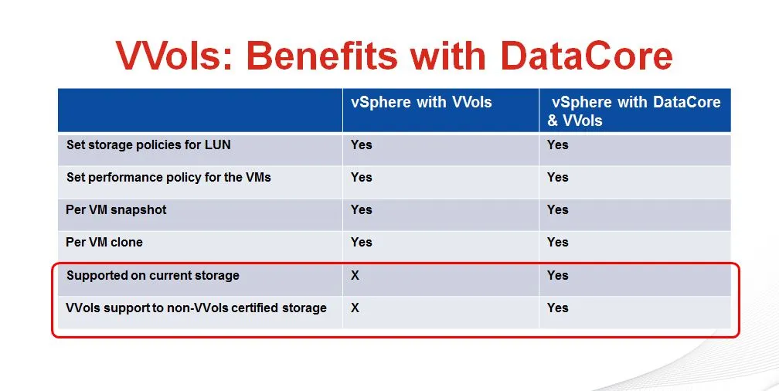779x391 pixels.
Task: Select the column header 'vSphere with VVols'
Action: [x=421, y=102]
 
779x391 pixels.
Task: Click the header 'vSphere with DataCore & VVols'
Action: [x=634, y=110]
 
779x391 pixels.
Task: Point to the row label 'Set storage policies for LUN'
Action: [x=148, y=145]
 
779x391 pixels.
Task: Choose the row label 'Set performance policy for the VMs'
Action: [x=168, y=178]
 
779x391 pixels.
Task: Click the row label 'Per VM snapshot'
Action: [x=116, y=209]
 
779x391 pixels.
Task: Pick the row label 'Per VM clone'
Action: [x=104, y=242]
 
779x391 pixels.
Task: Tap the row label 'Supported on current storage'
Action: [x=153, y=275]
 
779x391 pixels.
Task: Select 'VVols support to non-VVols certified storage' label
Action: [x=196, y=308]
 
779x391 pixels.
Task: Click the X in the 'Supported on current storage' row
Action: [x=355, y=275]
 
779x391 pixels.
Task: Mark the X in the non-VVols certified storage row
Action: [x=355, y=308]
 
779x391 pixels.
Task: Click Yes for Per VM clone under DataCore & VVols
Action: [x=557, y=242]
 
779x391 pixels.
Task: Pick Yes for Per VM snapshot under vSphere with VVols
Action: [x=361, y=209]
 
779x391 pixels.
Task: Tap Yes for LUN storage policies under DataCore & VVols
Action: [x=557, y=144]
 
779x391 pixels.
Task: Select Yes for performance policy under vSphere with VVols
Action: [x=361, y=178]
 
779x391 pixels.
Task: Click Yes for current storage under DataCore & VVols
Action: [x=557, y=275]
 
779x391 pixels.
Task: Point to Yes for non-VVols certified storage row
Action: [x=557, y=308]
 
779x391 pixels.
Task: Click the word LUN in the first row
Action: [x=218, y=145]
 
